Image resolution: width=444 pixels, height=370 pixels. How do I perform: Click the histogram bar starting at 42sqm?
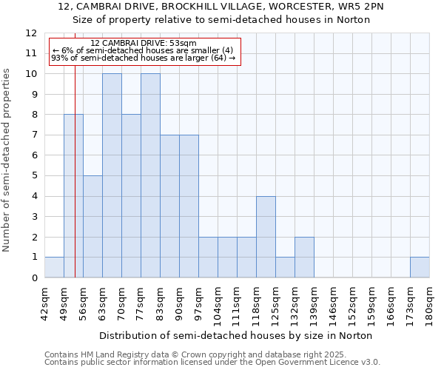coord(54,267)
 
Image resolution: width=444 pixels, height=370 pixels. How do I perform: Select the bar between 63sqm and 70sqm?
coord(112,175)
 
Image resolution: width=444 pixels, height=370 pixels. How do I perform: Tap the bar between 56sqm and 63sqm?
coord(92,226)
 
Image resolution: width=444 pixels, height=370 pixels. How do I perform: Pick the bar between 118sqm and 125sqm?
coord(266,237)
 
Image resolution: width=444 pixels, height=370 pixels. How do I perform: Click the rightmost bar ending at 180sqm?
coord(420,267)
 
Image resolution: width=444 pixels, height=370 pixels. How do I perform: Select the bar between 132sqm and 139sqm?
coord(304,257)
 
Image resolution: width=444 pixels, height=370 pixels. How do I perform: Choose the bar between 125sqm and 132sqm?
coord(285,267)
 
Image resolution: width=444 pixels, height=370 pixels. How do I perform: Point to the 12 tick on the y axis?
coord(31,33)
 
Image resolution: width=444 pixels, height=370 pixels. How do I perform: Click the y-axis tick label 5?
coord(34,176)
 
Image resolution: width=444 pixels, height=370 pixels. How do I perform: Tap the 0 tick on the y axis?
coord(34,277)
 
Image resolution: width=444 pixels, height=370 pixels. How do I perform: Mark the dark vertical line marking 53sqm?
coord(75,185)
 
